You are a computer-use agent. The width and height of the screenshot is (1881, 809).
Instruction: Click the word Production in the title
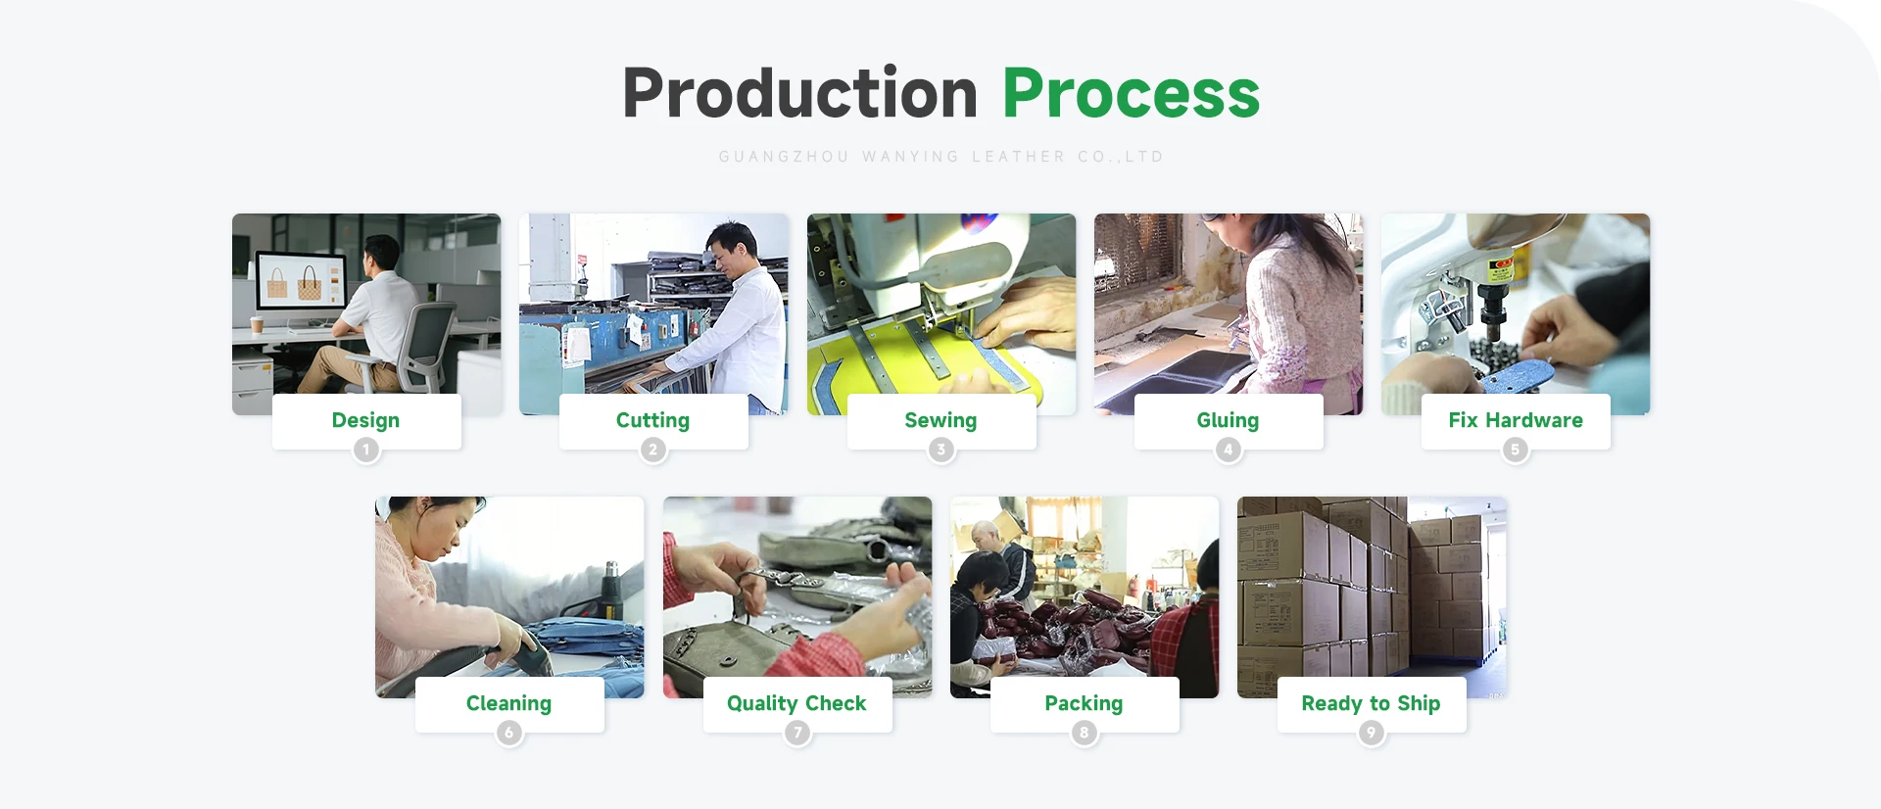pyautogui.click(x=800, y=93)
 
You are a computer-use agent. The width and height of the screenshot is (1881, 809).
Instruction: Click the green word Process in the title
pyautogui.click(x=1131, y=94)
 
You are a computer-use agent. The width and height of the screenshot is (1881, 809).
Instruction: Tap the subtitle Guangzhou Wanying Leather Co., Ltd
pyautogui.click(x=940, y=157)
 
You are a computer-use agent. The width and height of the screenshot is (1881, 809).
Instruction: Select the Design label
pyautogui.click(x=365, y=420)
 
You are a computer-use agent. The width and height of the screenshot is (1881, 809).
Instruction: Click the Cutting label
pyautogui.click(x=652, y=420)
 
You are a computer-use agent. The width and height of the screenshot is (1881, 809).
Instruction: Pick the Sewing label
pyautogui.click(x=940, y=420)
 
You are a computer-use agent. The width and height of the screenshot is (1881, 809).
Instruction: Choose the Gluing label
pyautogui.click(x=1228, y=420)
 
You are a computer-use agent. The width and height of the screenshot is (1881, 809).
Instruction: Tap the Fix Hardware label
pyautogui.click(x=1516, y=420)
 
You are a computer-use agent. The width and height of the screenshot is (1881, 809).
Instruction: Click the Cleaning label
pyautogui.click(x=508, y=703)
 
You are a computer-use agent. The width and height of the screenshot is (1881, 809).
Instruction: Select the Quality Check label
pyautogui.click(x=796, y=703)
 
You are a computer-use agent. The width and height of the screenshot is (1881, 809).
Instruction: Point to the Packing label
pyautogui.click(x=1084, y=703)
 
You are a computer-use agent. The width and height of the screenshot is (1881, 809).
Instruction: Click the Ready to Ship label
pyautogui.click(x=1371, y=703)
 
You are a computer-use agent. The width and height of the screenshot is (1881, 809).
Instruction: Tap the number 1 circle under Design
pyautogui.click(x=366, y=450)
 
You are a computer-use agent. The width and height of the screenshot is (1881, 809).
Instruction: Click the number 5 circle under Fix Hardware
pyautogui.click(x=1516, y=450)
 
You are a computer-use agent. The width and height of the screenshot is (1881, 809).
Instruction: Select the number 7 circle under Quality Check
pyautogui.click(x=797, y=733)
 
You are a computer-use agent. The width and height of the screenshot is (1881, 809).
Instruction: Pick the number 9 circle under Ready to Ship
pyautogui.click(x=1372, y=733)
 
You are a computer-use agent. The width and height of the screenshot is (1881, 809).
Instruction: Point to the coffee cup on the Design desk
pyautogui.click(x=258, y=324)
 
